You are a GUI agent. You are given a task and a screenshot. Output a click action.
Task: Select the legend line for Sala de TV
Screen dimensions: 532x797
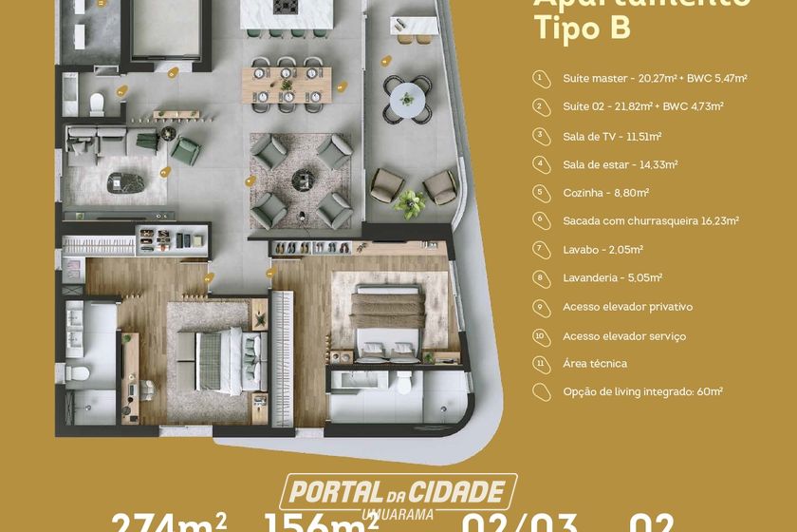point(605,136)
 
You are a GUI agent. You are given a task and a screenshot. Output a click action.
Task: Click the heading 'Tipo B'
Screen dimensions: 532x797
point(581,28)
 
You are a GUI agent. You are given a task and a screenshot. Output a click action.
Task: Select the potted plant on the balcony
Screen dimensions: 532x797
point(411,202)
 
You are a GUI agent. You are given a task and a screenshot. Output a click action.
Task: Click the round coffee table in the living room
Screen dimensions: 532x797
point(303,177)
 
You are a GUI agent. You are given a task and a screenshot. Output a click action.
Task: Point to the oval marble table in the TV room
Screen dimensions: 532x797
point(122,180)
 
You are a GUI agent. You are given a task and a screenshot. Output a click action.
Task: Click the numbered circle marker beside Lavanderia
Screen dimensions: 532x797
point(540,277)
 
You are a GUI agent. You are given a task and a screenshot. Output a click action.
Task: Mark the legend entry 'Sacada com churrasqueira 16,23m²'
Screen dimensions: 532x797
point(650,220)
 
